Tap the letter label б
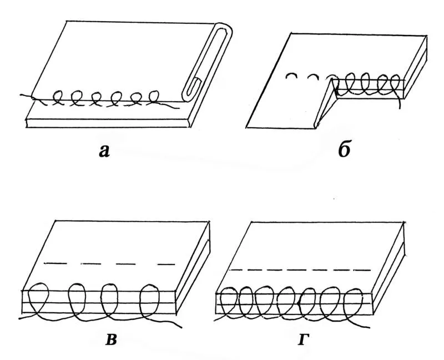(344, 149)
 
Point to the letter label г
(302, 339)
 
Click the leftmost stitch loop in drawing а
(58, 98)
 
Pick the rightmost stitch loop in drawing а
(154, 97)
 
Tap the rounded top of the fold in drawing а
(223, 26)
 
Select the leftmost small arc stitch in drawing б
(292, 76)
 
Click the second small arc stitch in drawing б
(314, 77)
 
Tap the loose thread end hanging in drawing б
(398, 102)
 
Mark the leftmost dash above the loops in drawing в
(56, 264)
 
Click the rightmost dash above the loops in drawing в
(166, 265)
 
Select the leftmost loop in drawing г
(229, 302)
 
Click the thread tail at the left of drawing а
(27, 96)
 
